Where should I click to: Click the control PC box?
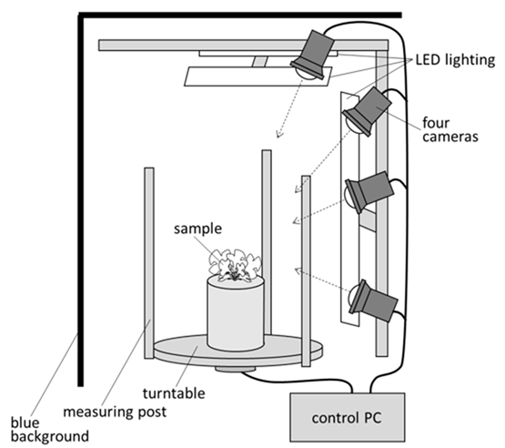coord(348,417)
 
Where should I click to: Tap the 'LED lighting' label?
coord(455,60)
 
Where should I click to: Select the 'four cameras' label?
coord(450,129)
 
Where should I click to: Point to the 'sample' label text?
coord(197,229)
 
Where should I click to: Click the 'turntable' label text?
coord(174,393)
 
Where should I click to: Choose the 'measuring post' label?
coord(115,412)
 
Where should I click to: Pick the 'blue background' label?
coord(50,429)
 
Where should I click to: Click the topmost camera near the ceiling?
coord(313,56)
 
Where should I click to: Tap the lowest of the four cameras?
coord(372,300)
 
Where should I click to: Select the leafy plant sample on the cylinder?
coord(235,265)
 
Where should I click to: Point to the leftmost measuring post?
coord(149,263)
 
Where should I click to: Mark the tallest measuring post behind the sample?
coord(267,241)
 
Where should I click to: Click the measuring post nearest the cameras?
coord(306,270)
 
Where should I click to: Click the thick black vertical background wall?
coord(80,199)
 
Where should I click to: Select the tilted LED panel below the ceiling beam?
coord(258,76)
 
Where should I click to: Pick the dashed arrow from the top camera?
coord(289,108)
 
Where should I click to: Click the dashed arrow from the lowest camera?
coord(323,280)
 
